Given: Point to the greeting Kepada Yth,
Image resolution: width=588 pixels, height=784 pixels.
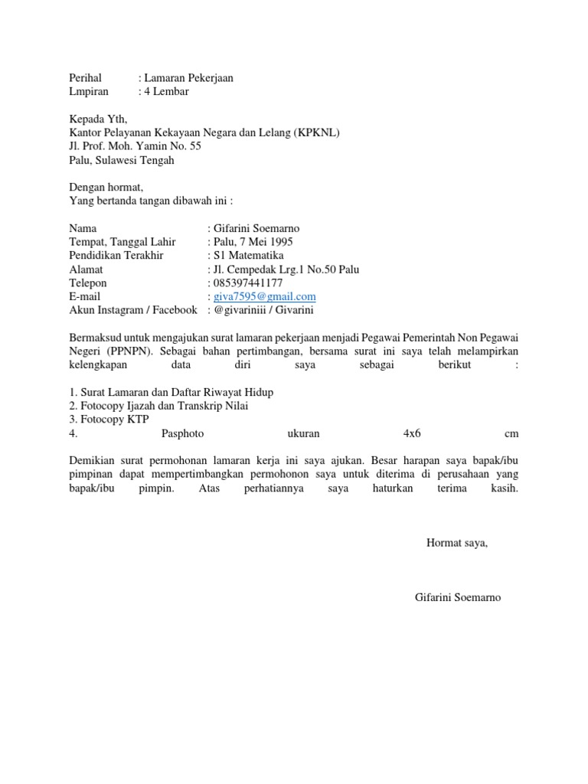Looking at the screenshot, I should click(x=99, y=119).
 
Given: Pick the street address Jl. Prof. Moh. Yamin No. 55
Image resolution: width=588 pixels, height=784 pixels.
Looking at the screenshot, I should click(x=136, y=146).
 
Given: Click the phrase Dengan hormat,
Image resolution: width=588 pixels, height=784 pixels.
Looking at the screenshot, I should click(x=106, y=188).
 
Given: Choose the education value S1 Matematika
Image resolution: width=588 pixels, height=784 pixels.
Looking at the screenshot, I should click(x=248, y=256).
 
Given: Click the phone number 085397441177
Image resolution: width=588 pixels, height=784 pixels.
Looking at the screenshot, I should click(x=249, y=283).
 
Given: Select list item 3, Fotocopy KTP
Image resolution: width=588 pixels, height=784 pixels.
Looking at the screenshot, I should click(x=109, y=420).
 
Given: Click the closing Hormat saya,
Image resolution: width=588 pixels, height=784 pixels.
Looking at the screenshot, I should click(x=456, y=544).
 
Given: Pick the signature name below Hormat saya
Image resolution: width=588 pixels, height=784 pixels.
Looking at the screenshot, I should click(x=457, y=597).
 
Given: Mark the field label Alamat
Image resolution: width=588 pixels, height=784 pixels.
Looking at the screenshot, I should click(x=86, y=269).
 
